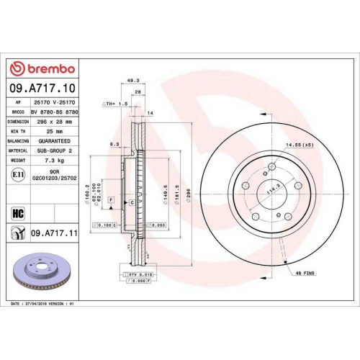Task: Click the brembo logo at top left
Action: click(x=43, y=68)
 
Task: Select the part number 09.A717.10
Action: click(x=42, y=89)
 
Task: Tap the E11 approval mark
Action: click(x=17, y=174)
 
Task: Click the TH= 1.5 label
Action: click(x=117, y=103)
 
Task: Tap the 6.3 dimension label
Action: click(x=114, y=143)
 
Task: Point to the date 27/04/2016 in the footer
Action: click(x=42, y=305)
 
